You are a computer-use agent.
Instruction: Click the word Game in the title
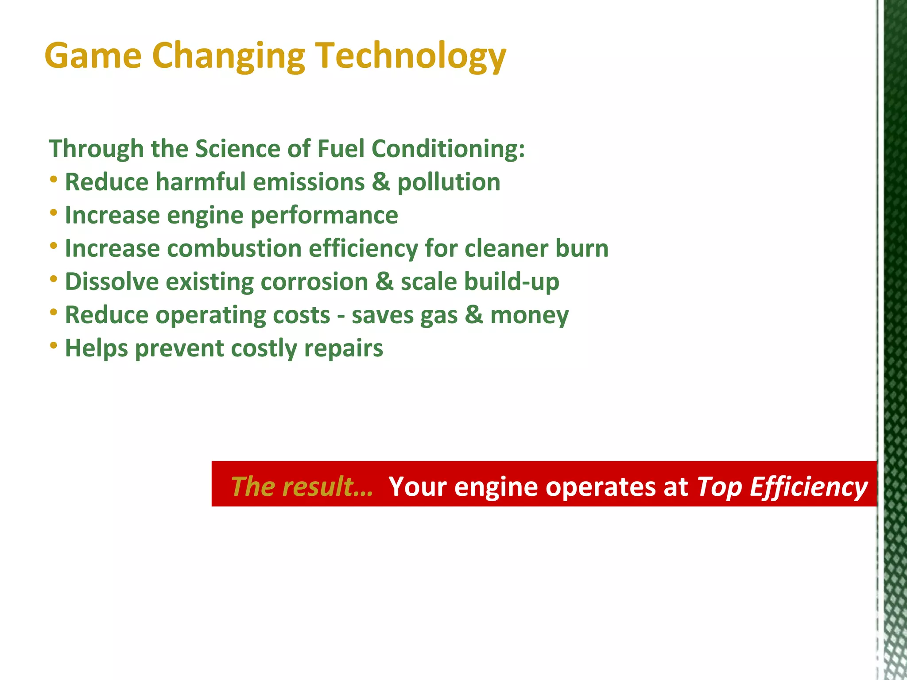tap(93, 56)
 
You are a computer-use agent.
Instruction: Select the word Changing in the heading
tap(229, 56)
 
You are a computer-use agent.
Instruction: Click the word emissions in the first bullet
tap(309, 182)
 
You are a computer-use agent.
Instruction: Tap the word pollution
tap(449, 182)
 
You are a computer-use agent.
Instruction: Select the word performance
tap(324, 216)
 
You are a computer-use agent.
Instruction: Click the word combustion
tap(234, 248)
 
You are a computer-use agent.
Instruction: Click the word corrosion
tap(314, 282)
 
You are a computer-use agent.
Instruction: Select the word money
tap(529, 315)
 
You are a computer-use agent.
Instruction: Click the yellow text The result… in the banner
tap(302, 486)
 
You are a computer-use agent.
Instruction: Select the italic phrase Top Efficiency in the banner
tap(782, 487)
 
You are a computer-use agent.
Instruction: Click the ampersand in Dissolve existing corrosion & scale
tap(384, 282)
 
